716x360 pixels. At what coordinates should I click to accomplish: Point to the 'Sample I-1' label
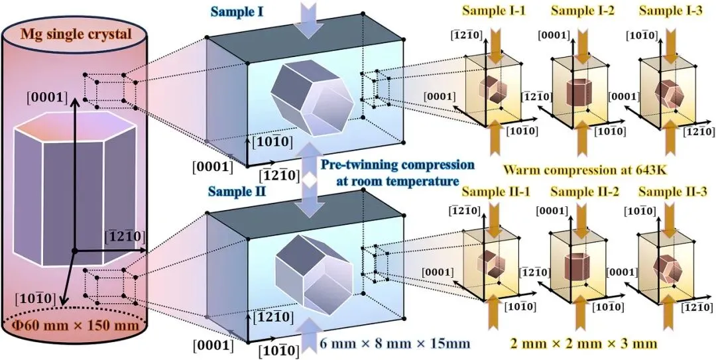[493, 11]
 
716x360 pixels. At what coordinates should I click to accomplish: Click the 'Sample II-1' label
[493, 192]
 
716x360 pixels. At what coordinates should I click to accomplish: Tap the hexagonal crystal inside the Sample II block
[308, 272]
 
